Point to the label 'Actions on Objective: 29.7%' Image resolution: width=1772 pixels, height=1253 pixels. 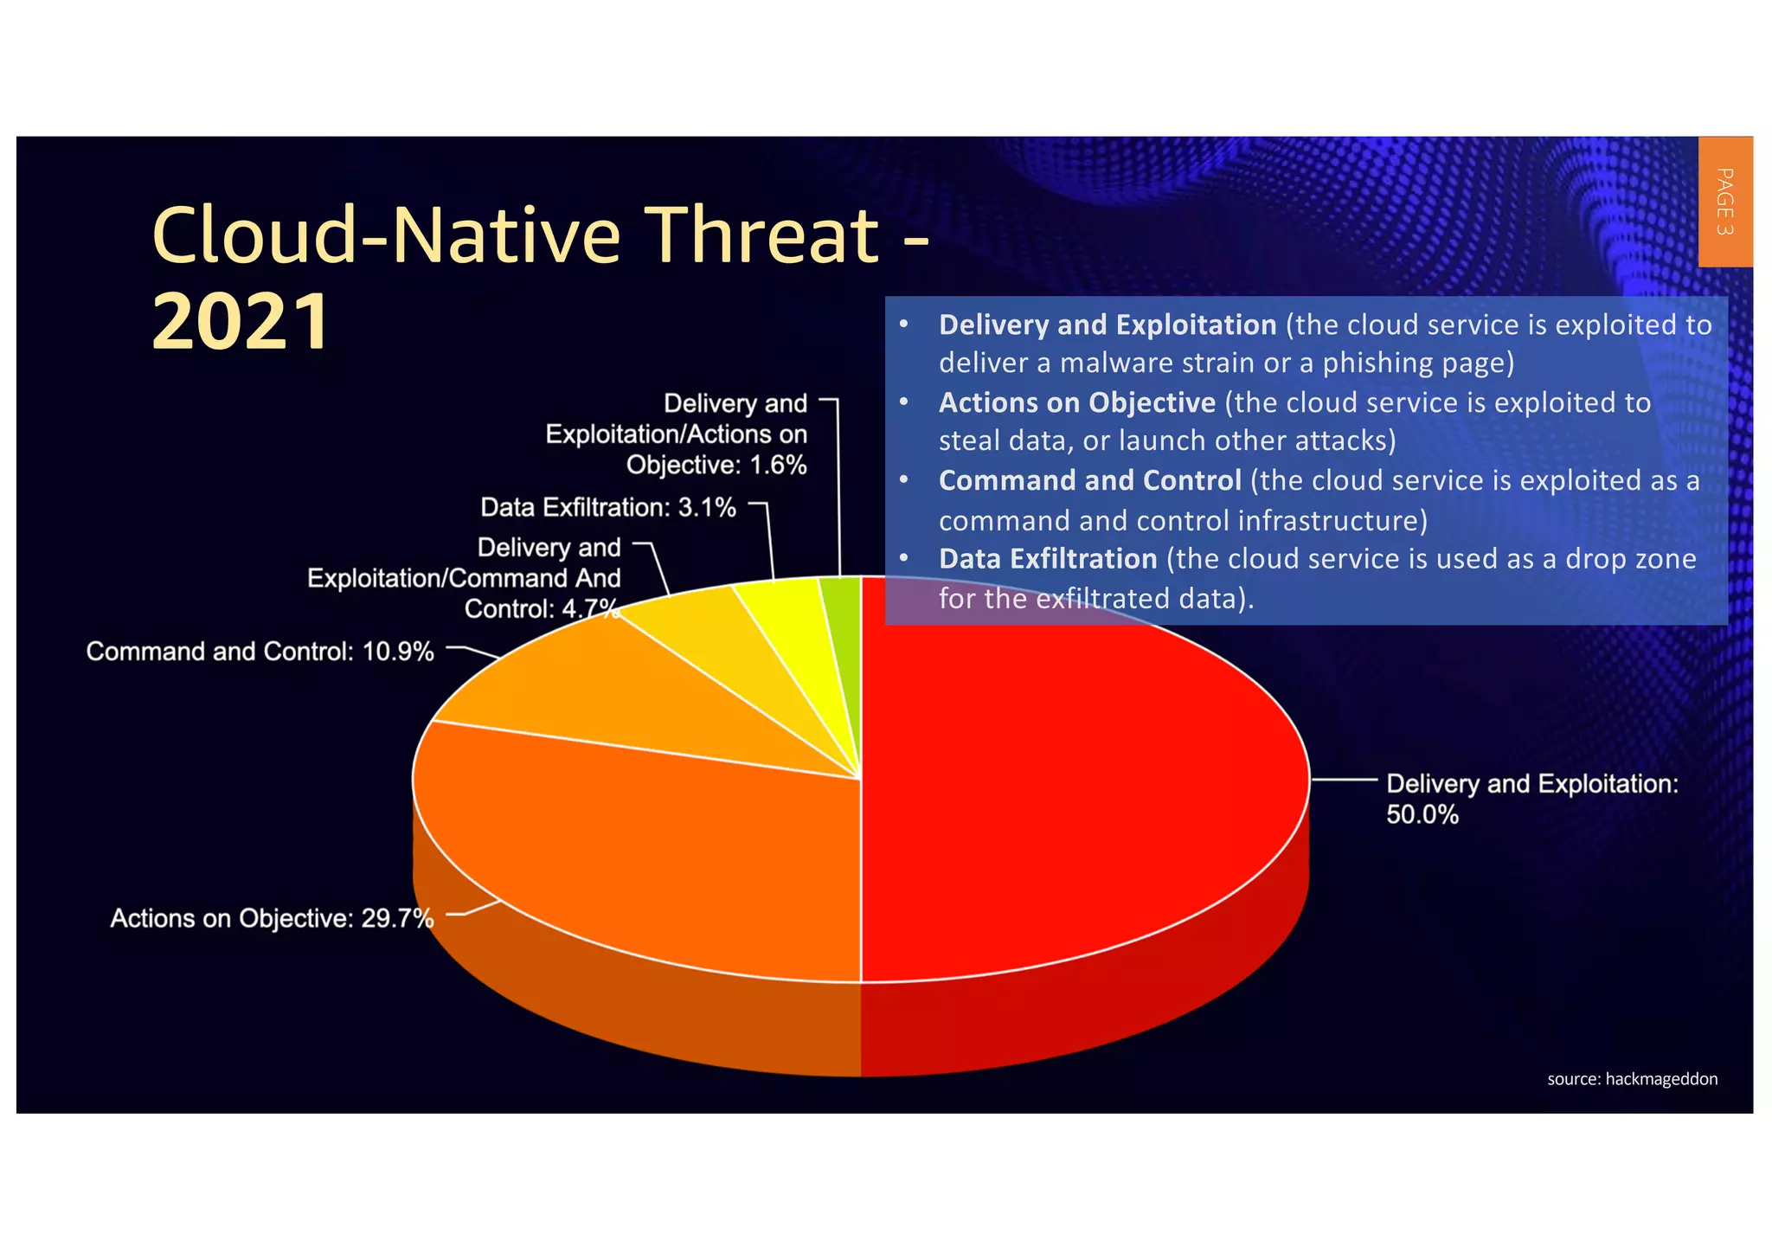point(271,918)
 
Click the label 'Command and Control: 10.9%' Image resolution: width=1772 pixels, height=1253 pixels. point(260,652)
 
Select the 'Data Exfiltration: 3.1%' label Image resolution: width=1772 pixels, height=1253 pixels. point(607,507)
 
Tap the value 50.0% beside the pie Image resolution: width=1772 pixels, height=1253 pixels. point(1422,815)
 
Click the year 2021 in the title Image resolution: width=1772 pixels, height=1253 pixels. point(241,322)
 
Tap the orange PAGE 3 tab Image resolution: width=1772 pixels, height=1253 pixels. point(1724,202)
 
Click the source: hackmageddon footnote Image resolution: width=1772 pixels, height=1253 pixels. point(1632,1079)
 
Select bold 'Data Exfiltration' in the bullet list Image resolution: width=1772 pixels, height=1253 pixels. point(1047,559)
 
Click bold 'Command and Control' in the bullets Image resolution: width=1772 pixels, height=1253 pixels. point(1089,481)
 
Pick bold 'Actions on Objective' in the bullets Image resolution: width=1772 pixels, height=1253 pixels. point(1076,403)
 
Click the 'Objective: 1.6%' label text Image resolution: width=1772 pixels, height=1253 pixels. point(716,466)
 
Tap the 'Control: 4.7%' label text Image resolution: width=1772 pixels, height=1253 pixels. point(541,609)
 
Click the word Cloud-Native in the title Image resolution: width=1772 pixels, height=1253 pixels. point(386,235)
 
